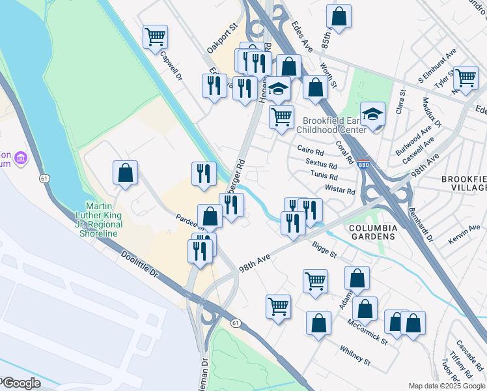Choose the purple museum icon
tap(21, 158)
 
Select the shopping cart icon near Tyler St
tap(466, 77)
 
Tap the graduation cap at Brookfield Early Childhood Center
tap(373, 113)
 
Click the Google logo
tap(21, 383)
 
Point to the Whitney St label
tap(355, 356)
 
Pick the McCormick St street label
tap(367, 332)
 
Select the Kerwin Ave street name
tap(463, 237)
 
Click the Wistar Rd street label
tap(339, 191)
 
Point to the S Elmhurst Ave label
tap(437, 68)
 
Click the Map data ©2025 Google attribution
tap(447, 385)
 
